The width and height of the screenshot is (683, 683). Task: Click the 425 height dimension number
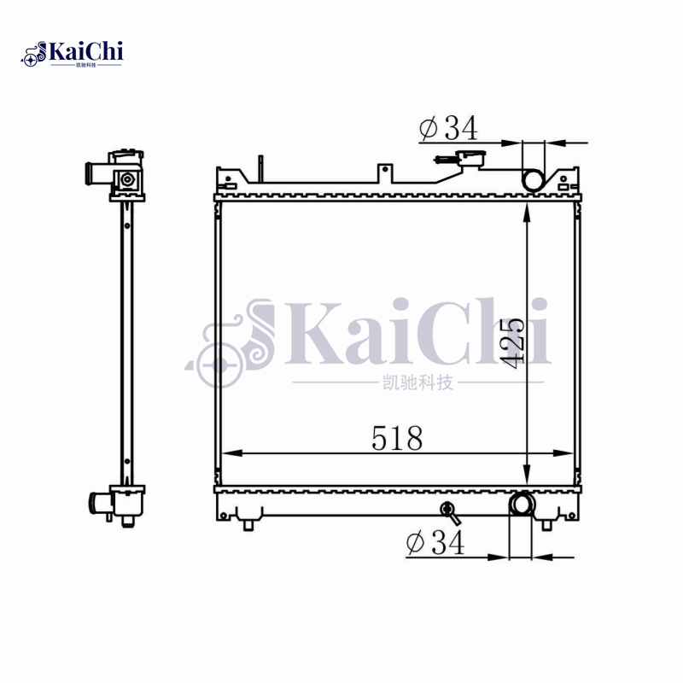[511, 343]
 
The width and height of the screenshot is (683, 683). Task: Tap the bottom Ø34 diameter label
[435, 542]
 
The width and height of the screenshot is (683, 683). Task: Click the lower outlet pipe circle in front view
[521, 505]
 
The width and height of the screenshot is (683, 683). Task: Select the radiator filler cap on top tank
[468, 158]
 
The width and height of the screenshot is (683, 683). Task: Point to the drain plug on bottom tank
[447, 512]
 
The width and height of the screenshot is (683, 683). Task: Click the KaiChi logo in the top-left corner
[73, 54]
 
